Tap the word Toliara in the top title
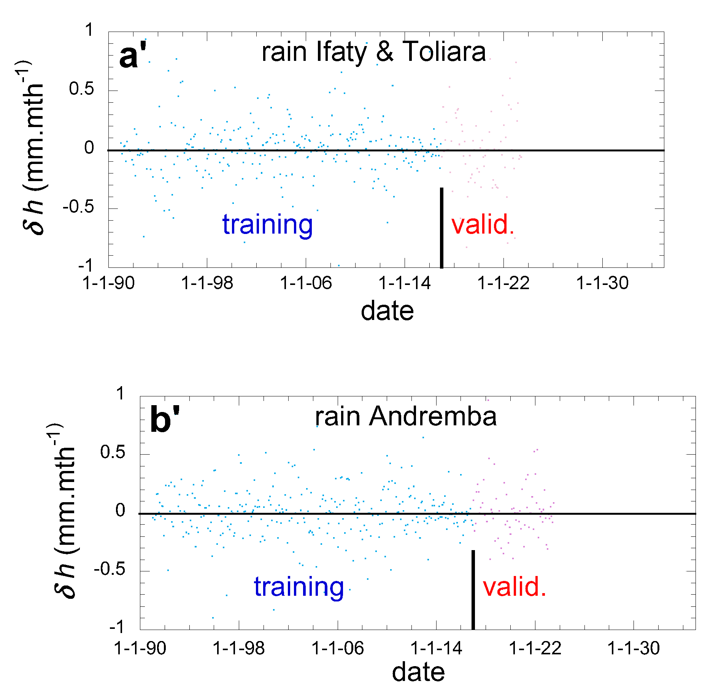coord(444,51)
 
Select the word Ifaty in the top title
coord(341,52)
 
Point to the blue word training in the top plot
coord(267,224)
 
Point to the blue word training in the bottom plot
coord(299,587)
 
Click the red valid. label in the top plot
coord(483,224)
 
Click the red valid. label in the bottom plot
coord(514,587)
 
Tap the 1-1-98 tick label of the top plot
coord(207,283)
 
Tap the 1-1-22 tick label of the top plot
coord(503,283)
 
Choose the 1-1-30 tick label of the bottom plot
coord(634,648)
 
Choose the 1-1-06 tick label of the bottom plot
coord(337,648)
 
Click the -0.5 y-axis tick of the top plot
coord(78,208)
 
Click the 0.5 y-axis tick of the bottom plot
coord(113,452)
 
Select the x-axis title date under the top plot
coord(387,311)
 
